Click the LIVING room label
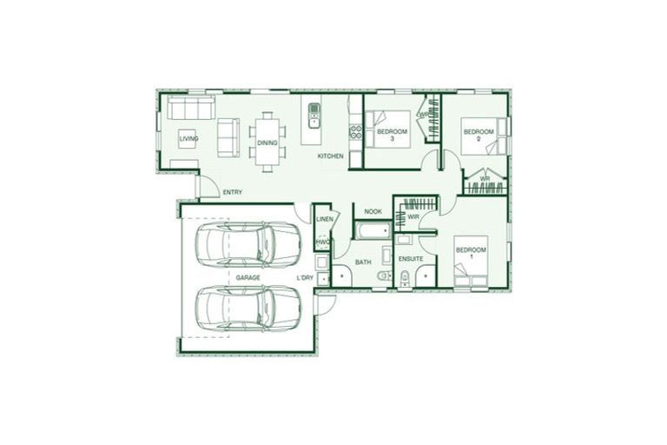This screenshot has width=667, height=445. coord(188,138)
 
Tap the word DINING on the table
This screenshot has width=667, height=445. coord(267,143)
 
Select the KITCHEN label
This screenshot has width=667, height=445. coord(330,156)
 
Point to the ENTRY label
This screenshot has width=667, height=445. coord(232,192)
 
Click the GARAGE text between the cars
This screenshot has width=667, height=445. coord(248,277)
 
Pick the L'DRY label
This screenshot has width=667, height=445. coord(305,277)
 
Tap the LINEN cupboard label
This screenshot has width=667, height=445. coord(325,220)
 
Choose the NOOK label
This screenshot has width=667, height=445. coord(373,211)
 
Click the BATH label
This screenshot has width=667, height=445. coord(363,261)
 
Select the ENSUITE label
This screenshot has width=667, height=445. coord(410,260)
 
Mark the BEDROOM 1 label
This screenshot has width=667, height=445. coord(472,254)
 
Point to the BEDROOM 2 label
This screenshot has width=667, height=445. coord(479,136)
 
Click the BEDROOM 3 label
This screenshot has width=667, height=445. coord(393,135)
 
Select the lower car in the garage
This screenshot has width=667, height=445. coord(248,308)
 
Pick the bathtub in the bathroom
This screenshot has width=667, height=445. coord(374,232)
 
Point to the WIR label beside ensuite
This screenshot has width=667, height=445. coord(413,216)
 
